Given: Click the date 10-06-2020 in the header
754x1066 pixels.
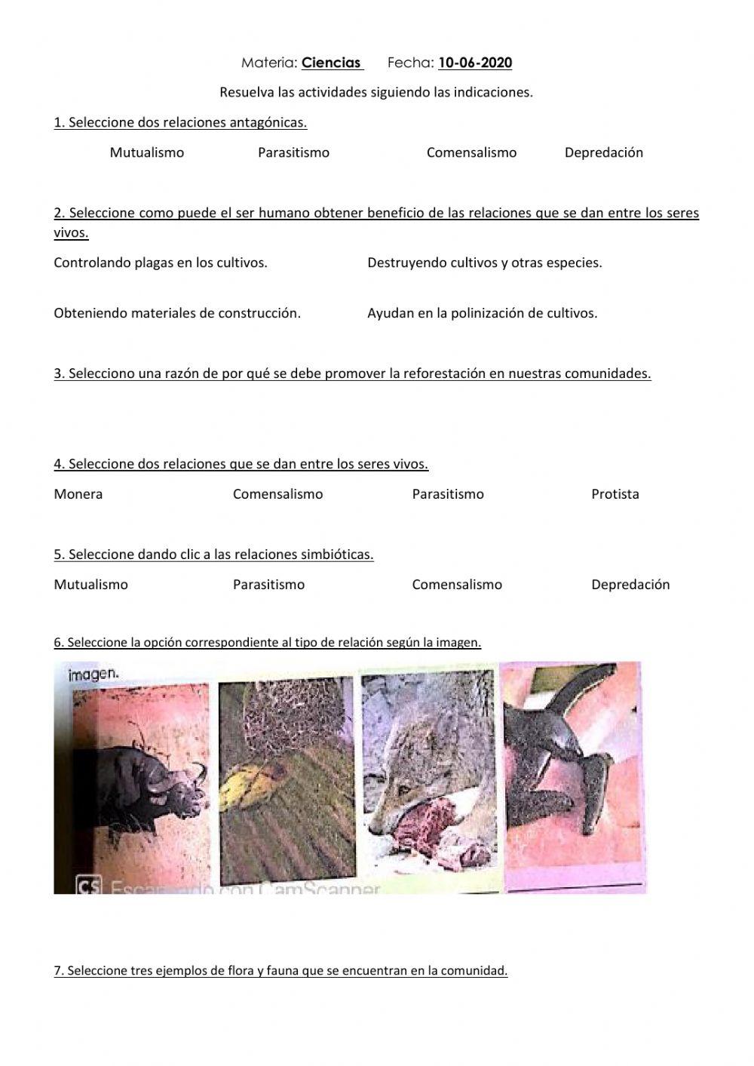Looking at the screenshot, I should pyautogui.click(x=474, y=63).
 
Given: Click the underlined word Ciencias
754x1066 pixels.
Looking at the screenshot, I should pyautogui.click(x=331, y=63).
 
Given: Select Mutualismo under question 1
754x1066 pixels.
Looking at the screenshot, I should pyautogui.click(x=147, y=152).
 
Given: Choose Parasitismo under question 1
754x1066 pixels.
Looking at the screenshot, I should pyautogui.click(x=293, y=152).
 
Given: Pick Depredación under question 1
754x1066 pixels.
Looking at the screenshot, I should pyautogui.click(x=603, y=152).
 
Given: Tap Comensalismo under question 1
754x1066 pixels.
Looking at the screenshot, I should pyautogui.click(x=471, y=152).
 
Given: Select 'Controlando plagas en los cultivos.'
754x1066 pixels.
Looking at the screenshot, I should pyautogui.click(x=161, y=263).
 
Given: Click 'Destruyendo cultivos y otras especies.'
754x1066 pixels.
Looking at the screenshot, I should pyautogui.click(x=484, y=263).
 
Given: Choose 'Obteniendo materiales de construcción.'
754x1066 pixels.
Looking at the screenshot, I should pyautogui.click(x=177, y=313).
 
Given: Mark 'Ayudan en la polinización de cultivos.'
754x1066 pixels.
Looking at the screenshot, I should pyautogui.click(x=482, y=313).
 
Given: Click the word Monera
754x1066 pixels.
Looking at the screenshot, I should pyautogui.click(x=78, y=494).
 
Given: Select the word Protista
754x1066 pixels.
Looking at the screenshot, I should pyautogui.click(x=615, y=494).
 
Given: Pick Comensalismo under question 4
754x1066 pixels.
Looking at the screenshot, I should pyautogui.click(x=277, y=494).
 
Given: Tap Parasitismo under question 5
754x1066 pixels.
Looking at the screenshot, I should pyautogui.click(x=268, y=585).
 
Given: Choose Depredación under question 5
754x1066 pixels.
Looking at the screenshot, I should pyautogui.click(x=630, y=585).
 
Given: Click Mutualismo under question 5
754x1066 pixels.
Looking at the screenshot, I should pyautogui.click(x=91, y=585).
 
